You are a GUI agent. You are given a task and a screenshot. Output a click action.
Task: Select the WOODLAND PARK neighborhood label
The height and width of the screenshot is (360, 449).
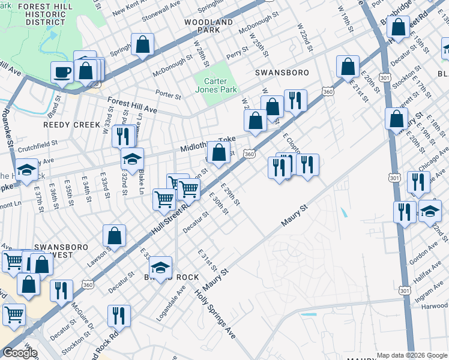pyautogui.click(x=208, y=25)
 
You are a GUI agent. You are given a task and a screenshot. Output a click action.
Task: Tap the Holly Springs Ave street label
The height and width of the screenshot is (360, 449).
pyautogui.click(x=214, y=313)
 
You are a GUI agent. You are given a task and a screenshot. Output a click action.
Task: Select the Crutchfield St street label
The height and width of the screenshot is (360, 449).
pyautogui.click(x=37, y=144)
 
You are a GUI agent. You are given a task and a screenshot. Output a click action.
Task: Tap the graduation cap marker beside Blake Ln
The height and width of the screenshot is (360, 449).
pyautogui.click(x=133, y=160)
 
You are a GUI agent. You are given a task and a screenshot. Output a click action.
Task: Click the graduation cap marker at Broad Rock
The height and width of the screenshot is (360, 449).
pyautogui.click(x=160, y=268)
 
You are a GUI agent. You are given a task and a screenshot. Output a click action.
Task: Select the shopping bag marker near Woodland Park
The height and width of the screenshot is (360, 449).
pyautogui.click(x=143, y=45)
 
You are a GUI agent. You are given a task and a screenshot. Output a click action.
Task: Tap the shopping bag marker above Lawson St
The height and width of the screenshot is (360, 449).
pyautogui.click(x=114, y=236)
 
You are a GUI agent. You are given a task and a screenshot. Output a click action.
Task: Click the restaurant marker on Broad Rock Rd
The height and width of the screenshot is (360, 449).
pyautogui.click(x=119, y=316)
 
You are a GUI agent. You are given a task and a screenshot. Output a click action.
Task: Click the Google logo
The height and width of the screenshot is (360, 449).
pyautogui.click(x=19, y=353)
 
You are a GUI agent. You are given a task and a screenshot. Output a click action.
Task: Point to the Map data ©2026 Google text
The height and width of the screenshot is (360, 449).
pyautogui.click(x=412, y=355)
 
